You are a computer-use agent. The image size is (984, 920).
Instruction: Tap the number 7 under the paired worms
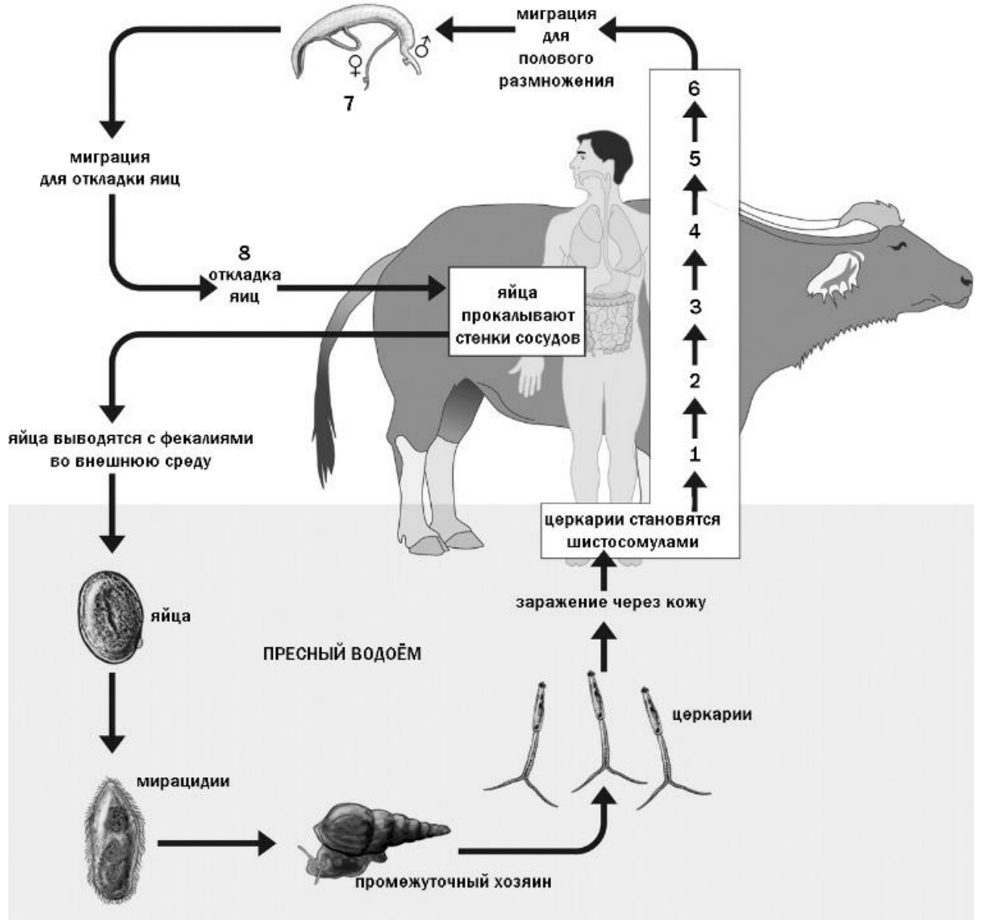coord(348,103)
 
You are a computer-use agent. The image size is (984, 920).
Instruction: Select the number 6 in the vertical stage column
coord(695,88)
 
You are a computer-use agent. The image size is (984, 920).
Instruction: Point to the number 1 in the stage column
coord(695,454)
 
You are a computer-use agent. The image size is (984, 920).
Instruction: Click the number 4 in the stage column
coord(695,231)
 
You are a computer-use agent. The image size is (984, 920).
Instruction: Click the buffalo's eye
coord(899,246)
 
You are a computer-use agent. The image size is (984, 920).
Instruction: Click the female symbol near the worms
coord(353,66)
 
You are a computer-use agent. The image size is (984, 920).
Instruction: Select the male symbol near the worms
coord(421,47)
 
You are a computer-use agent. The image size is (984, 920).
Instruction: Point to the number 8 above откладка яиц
coord(244,253)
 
